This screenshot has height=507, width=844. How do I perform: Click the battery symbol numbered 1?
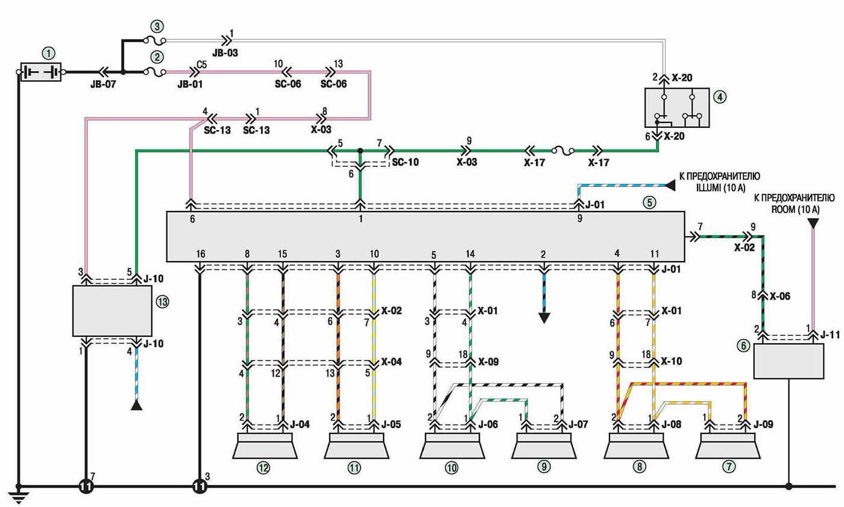tap(41, 72)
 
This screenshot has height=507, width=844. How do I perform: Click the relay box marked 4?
tap(676, 108)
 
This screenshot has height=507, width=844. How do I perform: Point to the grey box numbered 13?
tap(112, 310)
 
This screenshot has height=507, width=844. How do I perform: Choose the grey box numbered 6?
tap(789, 361)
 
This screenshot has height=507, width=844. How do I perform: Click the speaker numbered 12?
tap(265, 446)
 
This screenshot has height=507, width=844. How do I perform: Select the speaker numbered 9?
tap(544, 446)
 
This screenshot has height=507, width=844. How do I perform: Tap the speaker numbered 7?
tap(728, 446)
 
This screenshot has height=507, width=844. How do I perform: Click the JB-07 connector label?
tap(103, 84)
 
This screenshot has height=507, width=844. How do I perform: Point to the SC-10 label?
tap(405, 162)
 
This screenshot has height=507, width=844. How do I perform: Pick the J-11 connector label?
tap(830, 334)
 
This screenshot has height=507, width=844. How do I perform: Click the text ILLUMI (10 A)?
tap(721, 187)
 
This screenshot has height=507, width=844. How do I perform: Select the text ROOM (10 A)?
tap(795, 209)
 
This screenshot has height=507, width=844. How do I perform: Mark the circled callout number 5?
tap(649, 203)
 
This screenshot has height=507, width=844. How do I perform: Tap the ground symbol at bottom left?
tap(18, 497)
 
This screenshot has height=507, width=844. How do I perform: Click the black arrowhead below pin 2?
tap(544, 318)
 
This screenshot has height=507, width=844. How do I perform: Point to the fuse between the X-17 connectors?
tap(563, 151)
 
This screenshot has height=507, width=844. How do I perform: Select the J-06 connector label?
tap(488, 424)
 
